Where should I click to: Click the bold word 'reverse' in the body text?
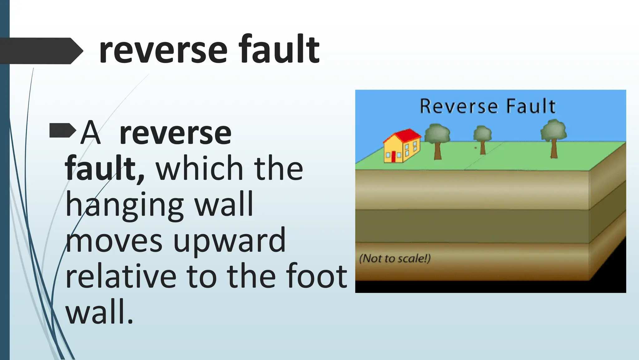point(175,134)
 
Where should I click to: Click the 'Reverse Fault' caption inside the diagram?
point(488,106)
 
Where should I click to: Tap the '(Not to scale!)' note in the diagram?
point(395,259)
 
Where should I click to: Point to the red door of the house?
point(393,156)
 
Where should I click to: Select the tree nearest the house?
point(437,141)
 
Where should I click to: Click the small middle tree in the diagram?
point(482,139)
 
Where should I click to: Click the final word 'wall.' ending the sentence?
point(99,312)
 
